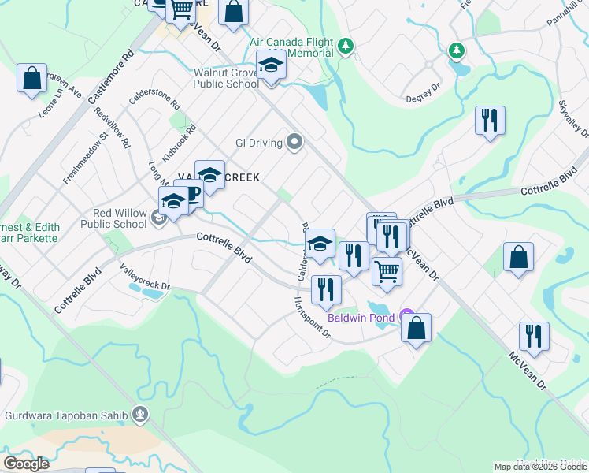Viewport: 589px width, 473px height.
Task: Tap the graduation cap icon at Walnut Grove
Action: (270, 65)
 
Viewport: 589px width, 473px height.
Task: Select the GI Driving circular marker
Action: (294, 142)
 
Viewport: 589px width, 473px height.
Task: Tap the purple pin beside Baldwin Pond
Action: (406, 315)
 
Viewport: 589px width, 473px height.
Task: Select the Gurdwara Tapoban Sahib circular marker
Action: (139, 413)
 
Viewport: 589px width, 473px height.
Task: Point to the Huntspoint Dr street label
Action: (313, 318)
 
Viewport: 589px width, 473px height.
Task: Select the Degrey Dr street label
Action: (422, 96)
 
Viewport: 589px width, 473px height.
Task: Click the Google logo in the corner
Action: (27, 464)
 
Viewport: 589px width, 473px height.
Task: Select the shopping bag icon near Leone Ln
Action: (32, 78)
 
